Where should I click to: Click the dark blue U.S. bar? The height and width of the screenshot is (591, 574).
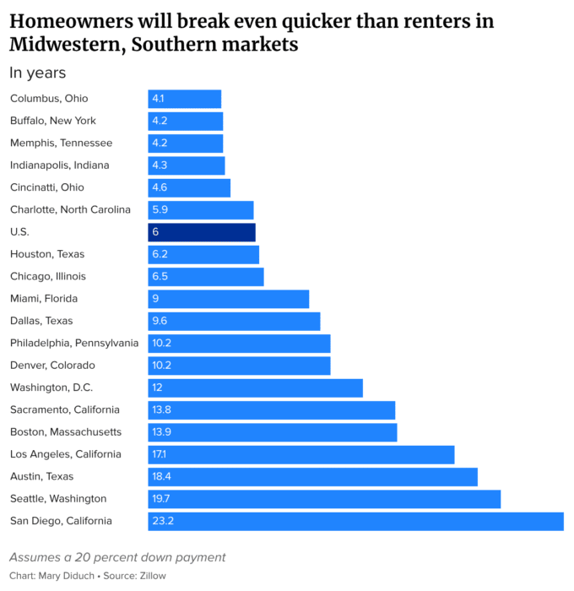pyautogui.click(x=202, y=232)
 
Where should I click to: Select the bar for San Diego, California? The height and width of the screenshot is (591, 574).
pyautogui.click(x=355, y=521)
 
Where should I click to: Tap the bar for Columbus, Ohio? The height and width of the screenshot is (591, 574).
pyautogui.click(x=185, y=99)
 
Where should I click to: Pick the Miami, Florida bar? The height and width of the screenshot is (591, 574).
pyautogui.click(x=229, y=299)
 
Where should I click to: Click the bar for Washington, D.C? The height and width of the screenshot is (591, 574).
pyautogui.click(x=256, y=388)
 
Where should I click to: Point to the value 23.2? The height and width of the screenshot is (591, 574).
pyautogui.click(x=163, y=521)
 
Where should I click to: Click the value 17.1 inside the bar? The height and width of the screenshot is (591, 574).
pyautogui.click(x=159, y=454)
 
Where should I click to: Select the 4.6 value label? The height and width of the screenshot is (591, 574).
pyautogui.click(x=160, y=187)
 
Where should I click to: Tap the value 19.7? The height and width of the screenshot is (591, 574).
pyautogui.click(x=161, y=499)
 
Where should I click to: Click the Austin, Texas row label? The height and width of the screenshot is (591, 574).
pyautogui.click(x=42, y=476)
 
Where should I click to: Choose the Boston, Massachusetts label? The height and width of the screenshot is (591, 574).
pyautogui.click(x=66, y=432)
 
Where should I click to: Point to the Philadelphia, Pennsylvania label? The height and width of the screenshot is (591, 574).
pyautogui.click(x=74, y=344)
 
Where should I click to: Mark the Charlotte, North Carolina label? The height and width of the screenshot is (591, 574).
pyautogui.click(x=70, y=209)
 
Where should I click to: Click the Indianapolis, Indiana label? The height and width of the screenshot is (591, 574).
pyautogui.click(x=60, y=165)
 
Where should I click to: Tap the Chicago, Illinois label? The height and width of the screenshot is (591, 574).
pyautogui.click(x=48, y=277)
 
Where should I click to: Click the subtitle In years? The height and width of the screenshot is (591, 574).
pyautogui.click(x=38, y=73)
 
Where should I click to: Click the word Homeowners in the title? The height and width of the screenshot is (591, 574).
pyautogui.click(x=72, y=21)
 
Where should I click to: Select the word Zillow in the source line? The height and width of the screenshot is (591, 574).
pyautogui.click(x=153, y=576)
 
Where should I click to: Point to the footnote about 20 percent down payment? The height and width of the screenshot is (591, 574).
pyautogui.click(x=117, y=557)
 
